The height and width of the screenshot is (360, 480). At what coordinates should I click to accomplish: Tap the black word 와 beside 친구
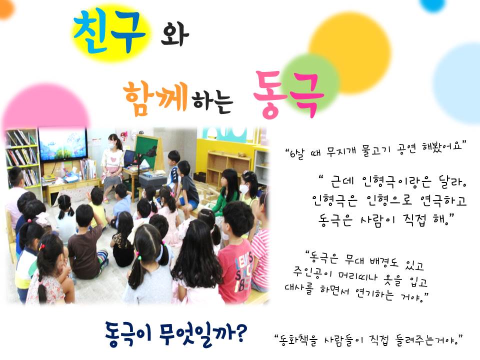pyautogui.click(x=175, y=34)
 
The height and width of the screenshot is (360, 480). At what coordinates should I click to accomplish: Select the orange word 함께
pyautogui.click(x=156, y=98)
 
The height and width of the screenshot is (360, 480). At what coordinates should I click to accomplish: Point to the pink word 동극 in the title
pyautogui.click(x=288, y=94)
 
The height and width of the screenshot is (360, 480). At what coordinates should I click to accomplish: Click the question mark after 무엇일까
pyautogui.click(x=240, y=333)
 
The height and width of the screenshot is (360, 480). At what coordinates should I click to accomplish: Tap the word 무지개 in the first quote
pyautogui.click(x=341, y=150)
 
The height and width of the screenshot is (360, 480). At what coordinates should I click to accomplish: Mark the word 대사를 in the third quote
pyautogui.click(x=299, y=288)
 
